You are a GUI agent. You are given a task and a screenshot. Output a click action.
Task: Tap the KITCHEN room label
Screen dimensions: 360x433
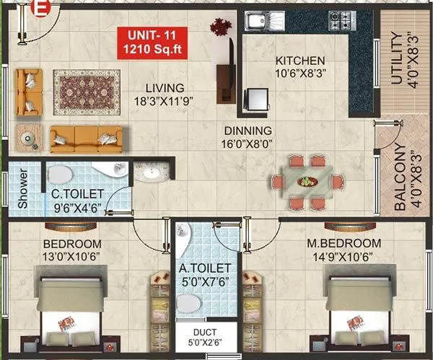coord(299,61)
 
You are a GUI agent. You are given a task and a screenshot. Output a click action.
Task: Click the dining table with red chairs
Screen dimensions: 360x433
coord(307,181)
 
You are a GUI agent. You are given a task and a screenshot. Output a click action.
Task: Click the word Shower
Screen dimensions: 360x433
coord(22,189)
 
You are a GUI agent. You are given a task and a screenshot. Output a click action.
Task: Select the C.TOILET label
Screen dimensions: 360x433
coord(77,194)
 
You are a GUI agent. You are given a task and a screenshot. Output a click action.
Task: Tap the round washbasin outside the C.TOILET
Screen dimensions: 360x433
coord(153,172)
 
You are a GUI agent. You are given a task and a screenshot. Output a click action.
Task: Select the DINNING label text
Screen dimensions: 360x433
coord(247,131)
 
